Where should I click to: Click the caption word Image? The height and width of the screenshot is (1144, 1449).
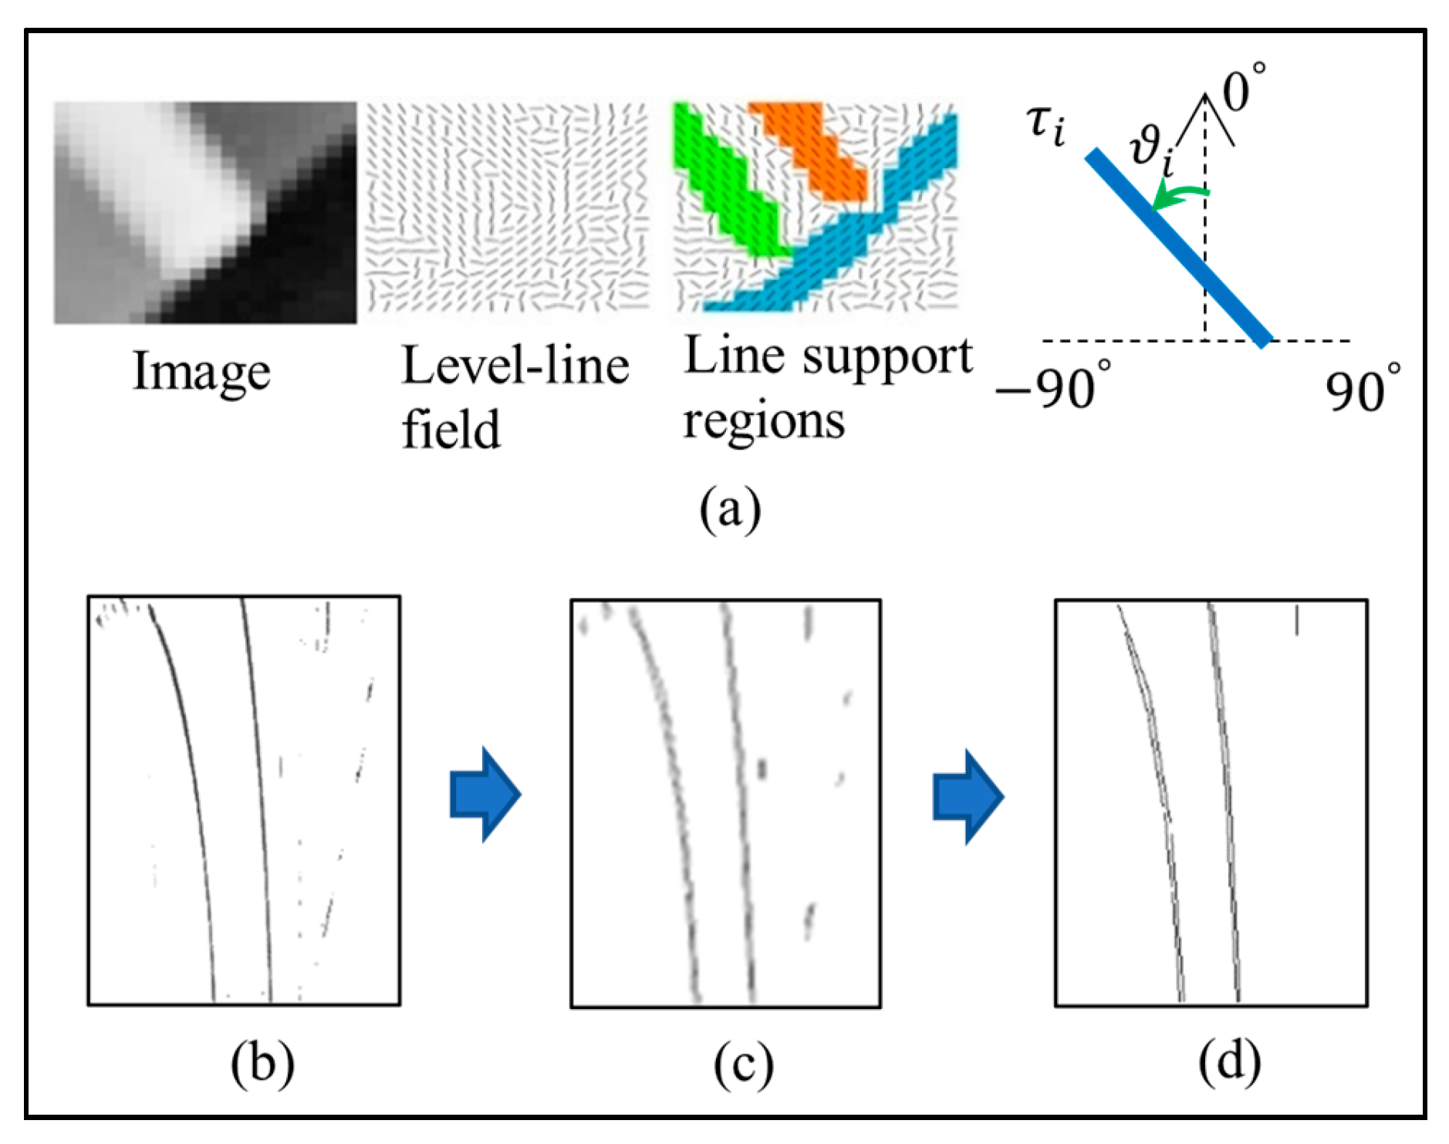pyautogui.click(x=201, y=373)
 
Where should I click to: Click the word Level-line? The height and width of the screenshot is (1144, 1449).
pyautogui.click(x=515, y=366)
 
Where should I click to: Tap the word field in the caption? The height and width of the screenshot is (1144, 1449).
pyautogui.click(x=451, y=429)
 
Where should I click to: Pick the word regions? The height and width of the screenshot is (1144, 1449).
pyautogui.click(x=763, y=422)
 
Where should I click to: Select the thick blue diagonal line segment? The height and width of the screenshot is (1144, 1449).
pyautogui.click(x=1177, y=248)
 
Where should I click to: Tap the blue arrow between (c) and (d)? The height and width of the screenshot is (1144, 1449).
pyautogui.click(x=968, y=796)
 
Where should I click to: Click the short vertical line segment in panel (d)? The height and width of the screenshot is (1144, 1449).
pyautogui.click(x=1296, y=620)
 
